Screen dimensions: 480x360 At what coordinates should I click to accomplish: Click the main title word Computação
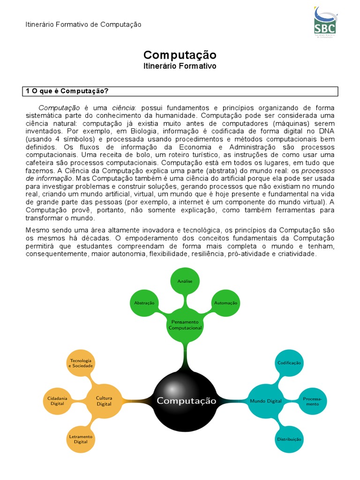coord(180,55)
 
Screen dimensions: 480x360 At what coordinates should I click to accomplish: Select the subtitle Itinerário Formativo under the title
coord(180,67)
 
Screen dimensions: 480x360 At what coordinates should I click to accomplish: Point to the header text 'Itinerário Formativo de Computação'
coord(83,24)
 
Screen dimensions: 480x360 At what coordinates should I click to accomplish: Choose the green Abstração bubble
coord(144,303)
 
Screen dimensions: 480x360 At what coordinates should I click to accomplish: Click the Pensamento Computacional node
coord(185,325)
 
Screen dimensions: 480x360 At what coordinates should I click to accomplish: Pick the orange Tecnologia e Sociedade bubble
coord(81,363)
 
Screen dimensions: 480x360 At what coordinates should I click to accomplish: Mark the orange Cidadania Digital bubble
coord(57,401)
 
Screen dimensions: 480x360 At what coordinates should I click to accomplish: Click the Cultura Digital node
coord(104,401)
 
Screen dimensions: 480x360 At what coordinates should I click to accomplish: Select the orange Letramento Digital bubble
coord(81,439)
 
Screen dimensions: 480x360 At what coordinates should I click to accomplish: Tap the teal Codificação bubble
coord(289,363)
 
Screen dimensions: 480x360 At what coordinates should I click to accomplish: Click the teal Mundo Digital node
coord(266,401)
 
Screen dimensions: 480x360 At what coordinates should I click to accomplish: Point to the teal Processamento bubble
coord(312,401)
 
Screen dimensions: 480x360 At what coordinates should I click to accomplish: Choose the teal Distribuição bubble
coord(289,439)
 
